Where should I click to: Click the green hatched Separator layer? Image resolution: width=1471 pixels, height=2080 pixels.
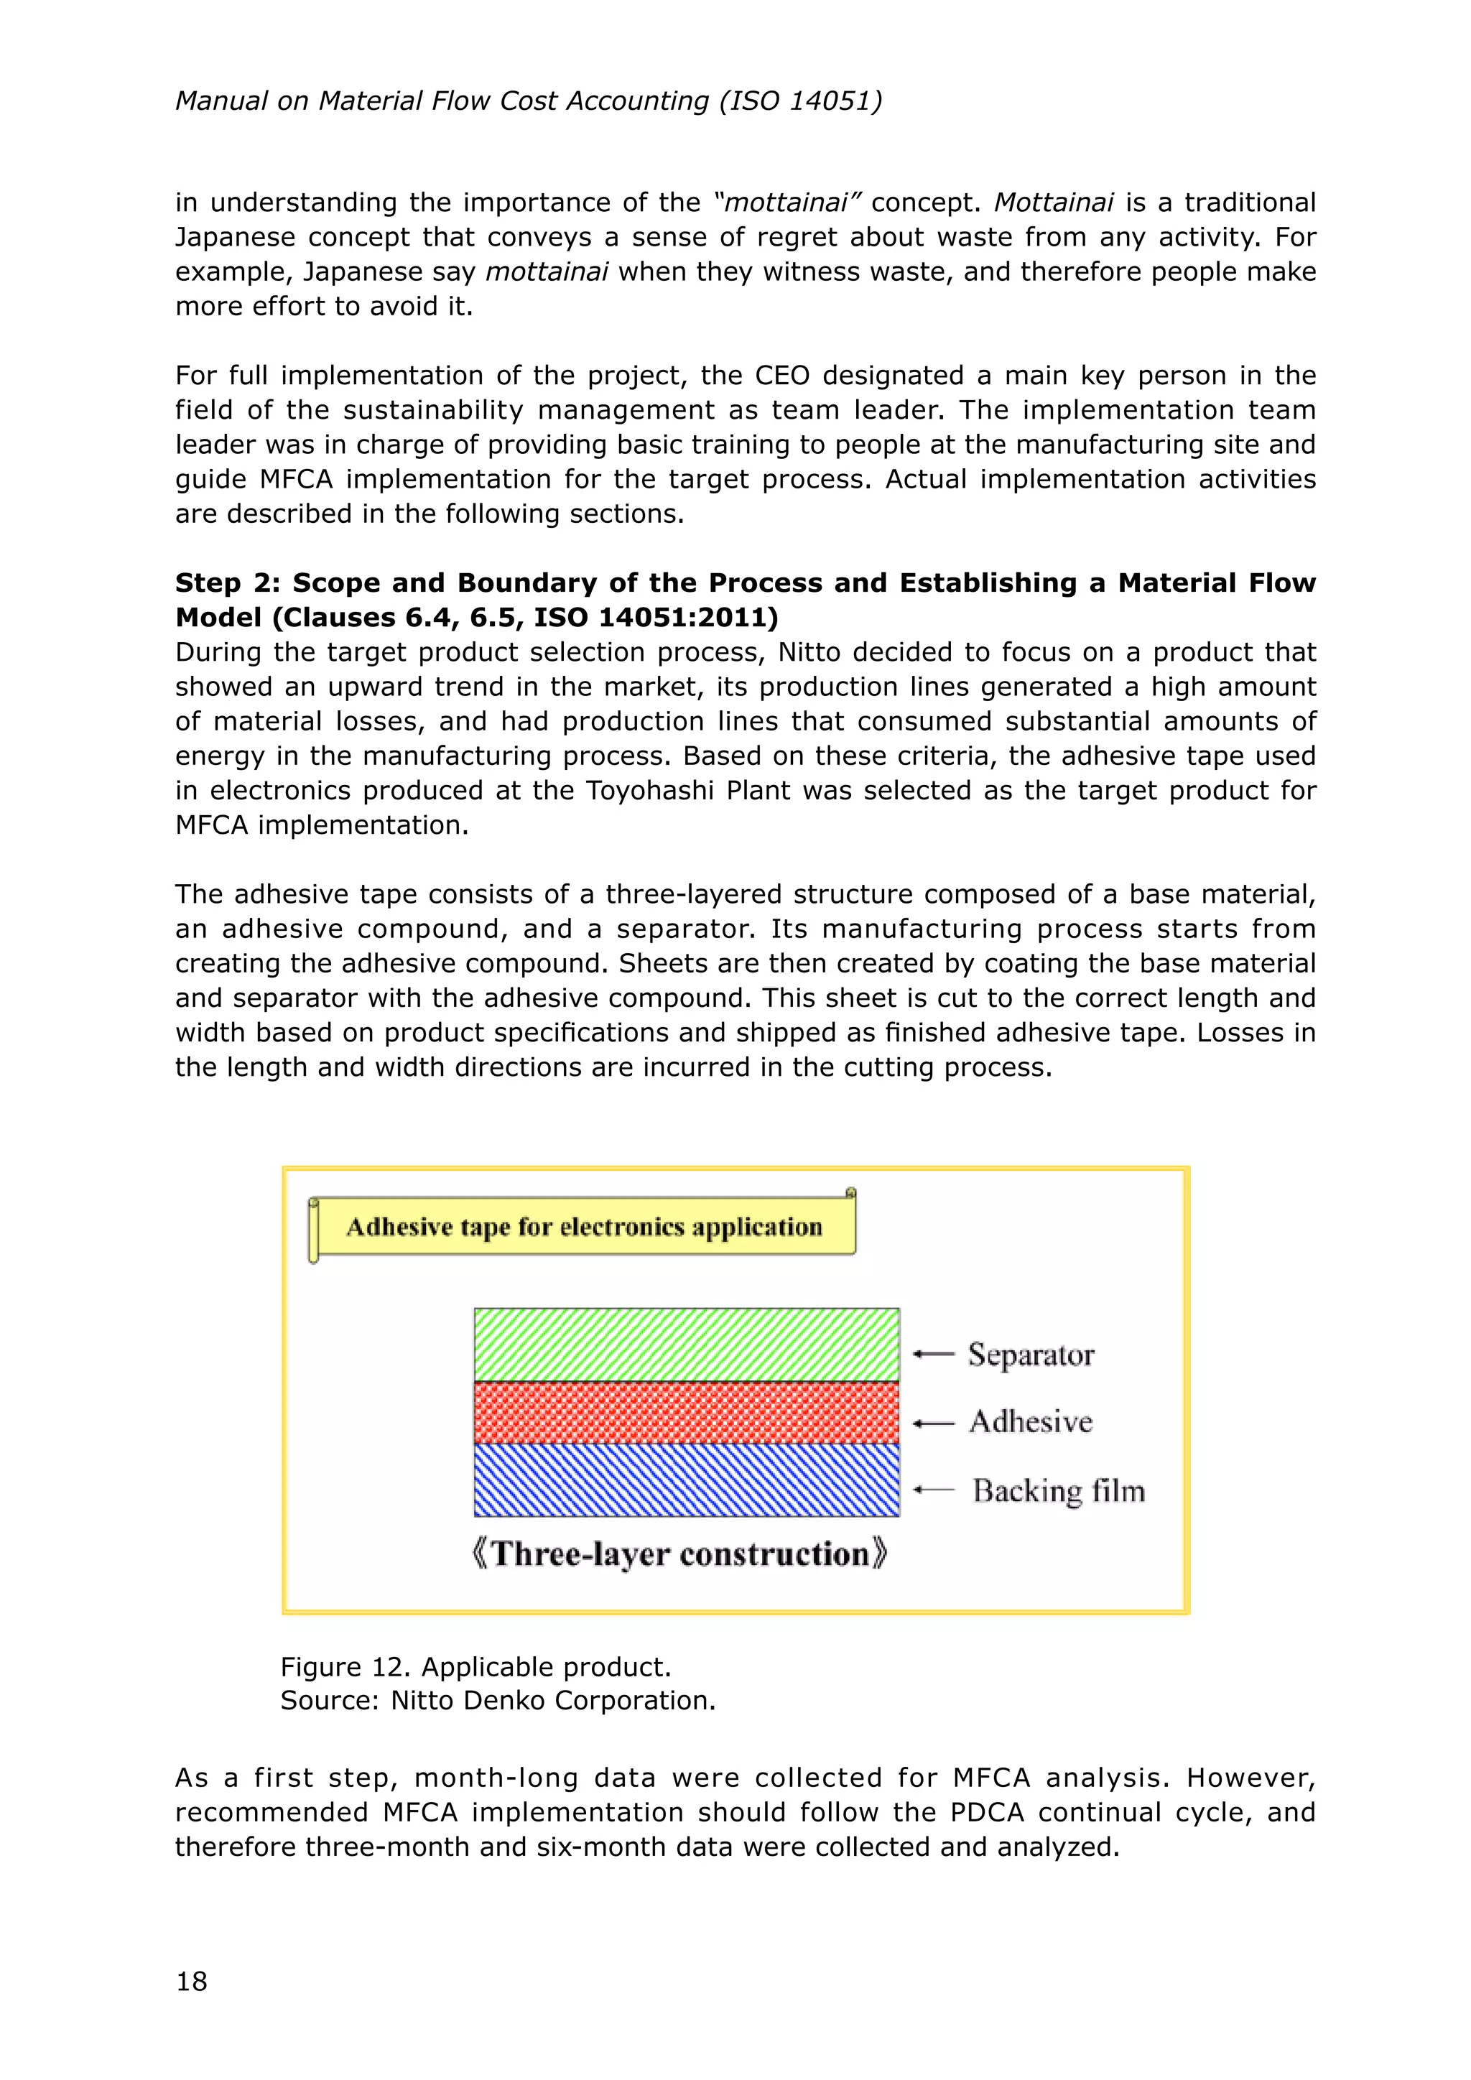click(x=687, y=1345)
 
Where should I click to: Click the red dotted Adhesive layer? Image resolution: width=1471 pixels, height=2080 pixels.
click(x=687, y=1412)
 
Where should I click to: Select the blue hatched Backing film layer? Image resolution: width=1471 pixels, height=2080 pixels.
click(x=687, y=1480)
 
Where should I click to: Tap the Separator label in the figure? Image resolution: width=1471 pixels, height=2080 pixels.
click(x=1031, y=1355)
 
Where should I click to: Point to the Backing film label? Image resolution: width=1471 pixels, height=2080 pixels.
click(x=1058, y=1491)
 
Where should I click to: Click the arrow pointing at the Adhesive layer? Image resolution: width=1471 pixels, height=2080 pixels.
click(x=934, y=1424)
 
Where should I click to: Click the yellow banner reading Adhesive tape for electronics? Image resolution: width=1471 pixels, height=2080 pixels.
click(x=584, y=1227)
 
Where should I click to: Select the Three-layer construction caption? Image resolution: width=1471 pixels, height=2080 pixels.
click(x=679, y=1554)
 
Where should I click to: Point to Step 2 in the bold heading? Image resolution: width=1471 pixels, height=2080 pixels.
click(x=226, y=582)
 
